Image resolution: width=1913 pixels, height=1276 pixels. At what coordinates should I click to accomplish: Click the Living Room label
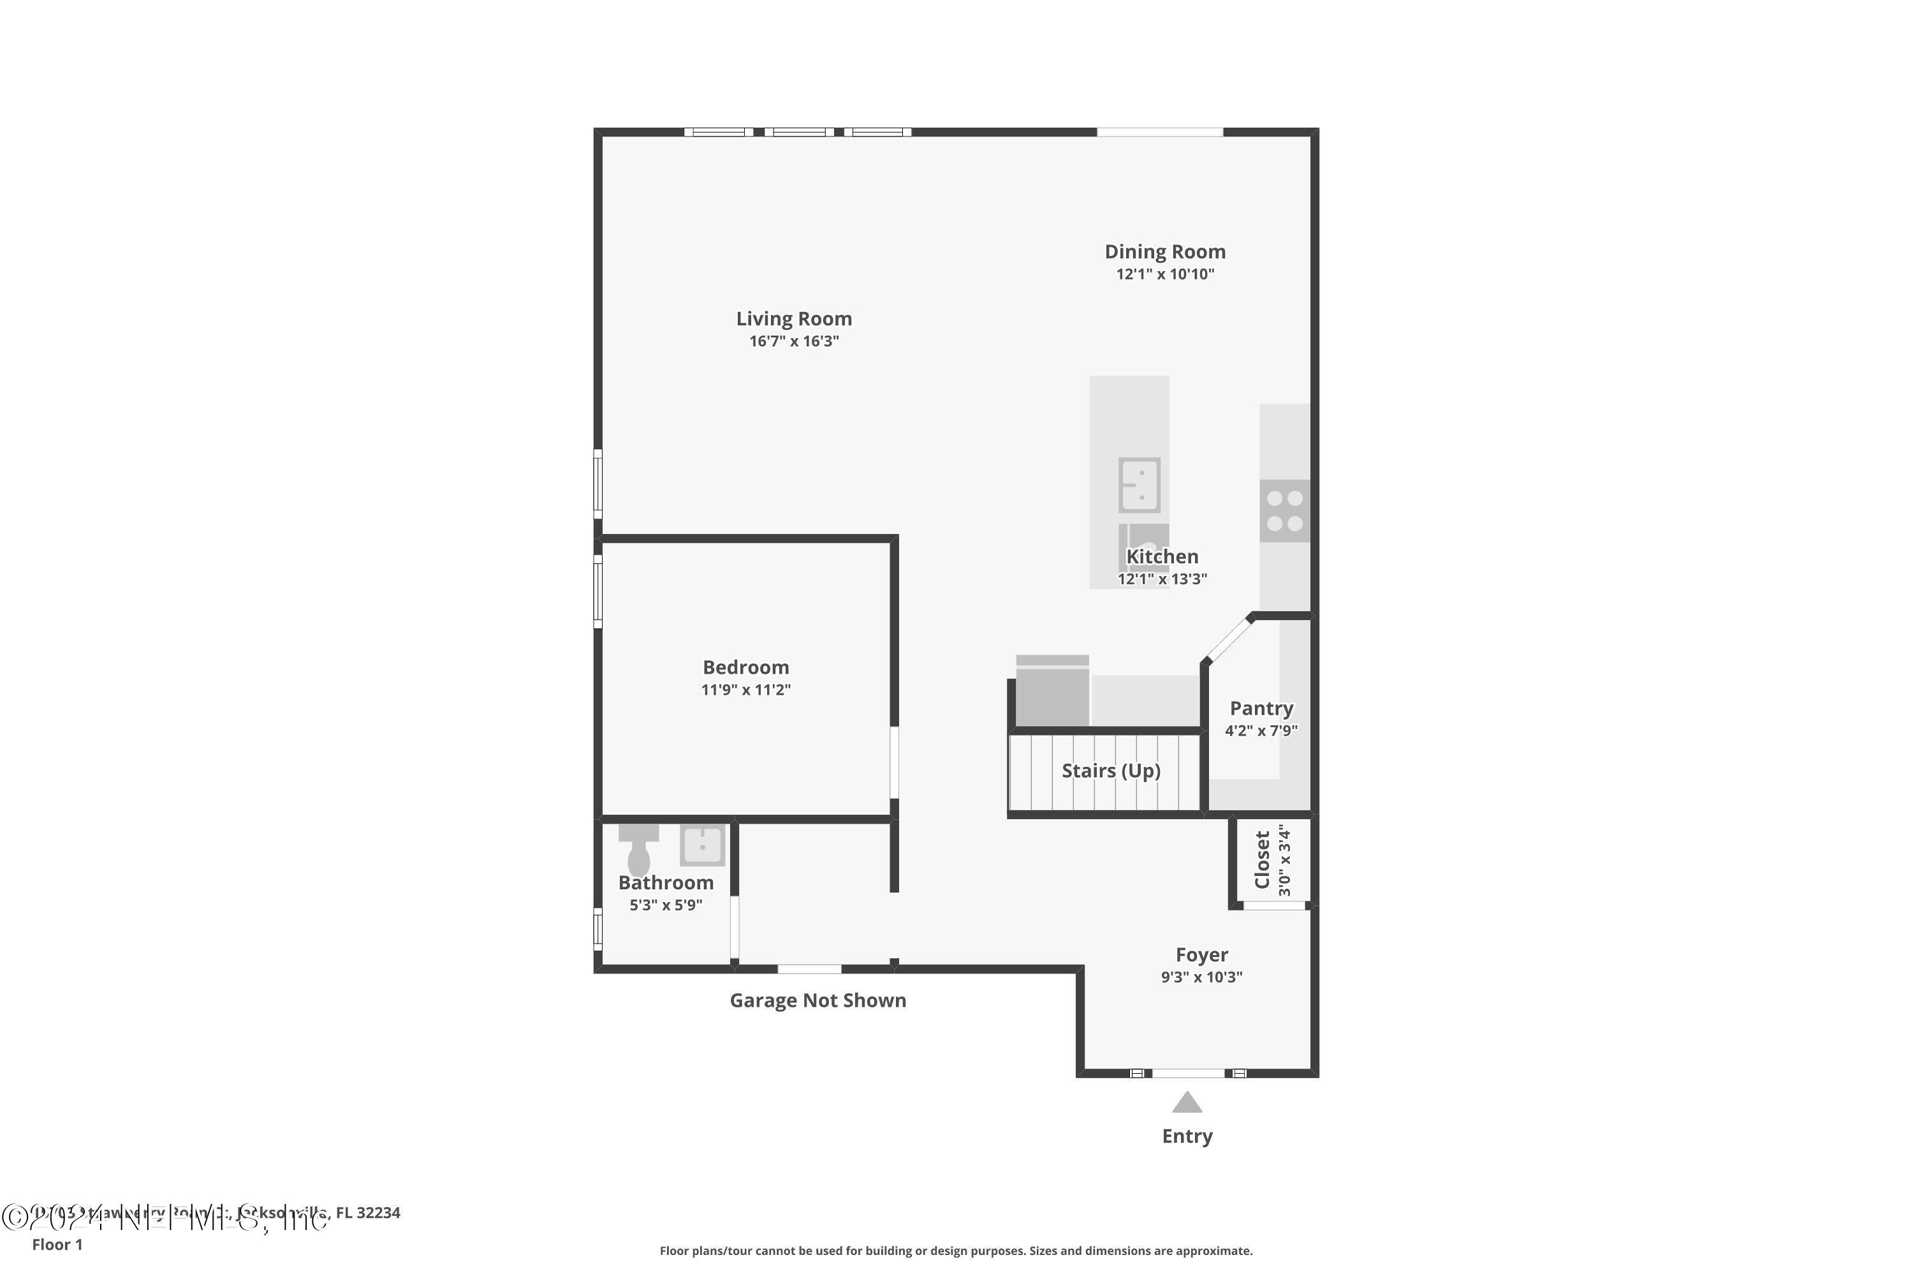794,319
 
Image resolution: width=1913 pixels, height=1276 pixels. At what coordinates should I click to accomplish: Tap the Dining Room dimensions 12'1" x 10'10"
1165,274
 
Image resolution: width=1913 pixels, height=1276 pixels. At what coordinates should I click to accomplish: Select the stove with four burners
1284,511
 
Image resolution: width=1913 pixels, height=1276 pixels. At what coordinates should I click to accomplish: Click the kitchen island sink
1139,485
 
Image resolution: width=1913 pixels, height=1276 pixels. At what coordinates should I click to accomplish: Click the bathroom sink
702,845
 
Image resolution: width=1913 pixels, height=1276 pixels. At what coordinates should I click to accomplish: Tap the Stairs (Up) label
1110,771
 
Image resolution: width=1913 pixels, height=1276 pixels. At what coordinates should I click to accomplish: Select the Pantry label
1261,709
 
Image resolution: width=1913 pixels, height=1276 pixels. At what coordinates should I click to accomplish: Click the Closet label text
1263,860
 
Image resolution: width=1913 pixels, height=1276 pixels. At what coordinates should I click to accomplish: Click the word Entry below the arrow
1187,1136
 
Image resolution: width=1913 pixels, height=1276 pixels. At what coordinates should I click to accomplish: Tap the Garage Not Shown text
817,1000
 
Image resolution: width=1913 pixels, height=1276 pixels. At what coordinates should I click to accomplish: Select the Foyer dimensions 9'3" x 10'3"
1201,977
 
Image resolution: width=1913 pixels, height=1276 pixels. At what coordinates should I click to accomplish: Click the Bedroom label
746,667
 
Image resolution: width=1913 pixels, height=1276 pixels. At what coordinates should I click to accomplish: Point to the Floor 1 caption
57,1244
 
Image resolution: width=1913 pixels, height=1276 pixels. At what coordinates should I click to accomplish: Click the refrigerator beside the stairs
1053,692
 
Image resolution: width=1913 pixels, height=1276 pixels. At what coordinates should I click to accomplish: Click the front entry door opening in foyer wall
1189,1073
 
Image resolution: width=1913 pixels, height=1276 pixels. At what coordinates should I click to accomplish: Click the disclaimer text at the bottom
956,1250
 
